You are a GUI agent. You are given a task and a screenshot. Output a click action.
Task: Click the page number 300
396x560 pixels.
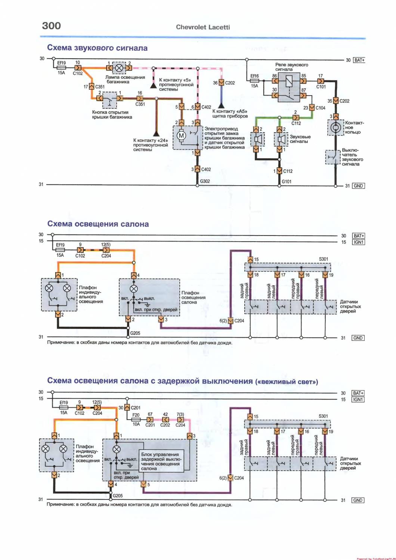52,26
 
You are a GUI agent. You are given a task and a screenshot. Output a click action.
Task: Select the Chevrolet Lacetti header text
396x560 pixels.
203,27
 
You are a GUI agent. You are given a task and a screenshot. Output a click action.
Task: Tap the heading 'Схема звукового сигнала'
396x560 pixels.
97,48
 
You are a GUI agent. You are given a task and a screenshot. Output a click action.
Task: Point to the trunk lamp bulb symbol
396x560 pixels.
120,68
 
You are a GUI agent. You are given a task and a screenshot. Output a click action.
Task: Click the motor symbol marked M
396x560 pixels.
182,136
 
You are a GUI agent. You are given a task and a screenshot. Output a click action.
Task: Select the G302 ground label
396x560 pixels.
205,181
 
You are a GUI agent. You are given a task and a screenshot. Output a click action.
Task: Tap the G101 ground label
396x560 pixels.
287,182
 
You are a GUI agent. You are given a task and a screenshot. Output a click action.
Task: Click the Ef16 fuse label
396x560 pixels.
254,76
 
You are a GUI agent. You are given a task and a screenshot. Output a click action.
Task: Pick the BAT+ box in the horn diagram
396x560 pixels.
359,60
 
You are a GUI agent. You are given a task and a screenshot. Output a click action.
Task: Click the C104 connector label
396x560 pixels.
321,108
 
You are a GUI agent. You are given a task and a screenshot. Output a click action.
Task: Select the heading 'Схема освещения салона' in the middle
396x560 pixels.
98,224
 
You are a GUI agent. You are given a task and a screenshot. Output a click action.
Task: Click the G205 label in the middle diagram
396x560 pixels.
135,333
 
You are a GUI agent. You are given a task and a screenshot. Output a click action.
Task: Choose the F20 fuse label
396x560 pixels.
136,415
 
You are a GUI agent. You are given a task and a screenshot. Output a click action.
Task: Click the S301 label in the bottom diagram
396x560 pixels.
323,416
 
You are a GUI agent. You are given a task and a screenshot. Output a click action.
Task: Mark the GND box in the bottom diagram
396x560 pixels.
358,500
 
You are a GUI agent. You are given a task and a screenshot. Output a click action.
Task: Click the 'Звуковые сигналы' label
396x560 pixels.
300,139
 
